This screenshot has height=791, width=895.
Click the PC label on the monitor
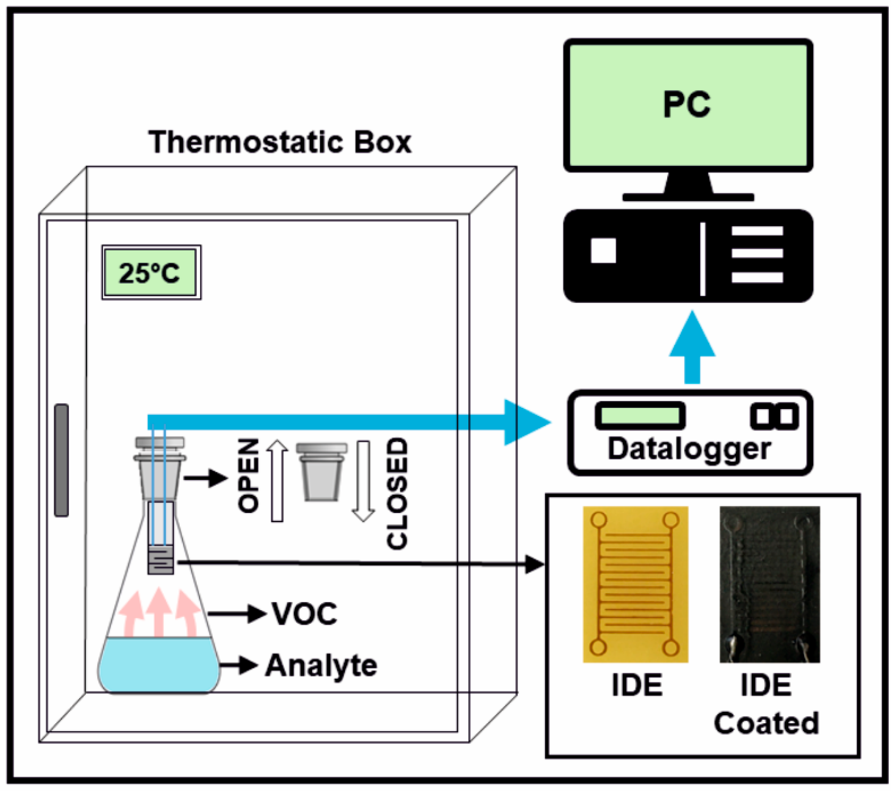(686, 105)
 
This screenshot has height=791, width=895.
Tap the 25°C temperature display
(152, 272)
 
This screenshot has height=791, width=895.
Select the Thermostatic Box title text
(280, 142)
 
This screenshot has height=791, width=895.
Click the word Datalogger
(689, 450)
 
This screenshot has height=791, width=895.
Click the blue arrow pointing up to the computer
(692, 347)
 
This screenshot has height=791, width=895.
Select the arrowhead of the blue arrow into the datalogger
(527, 423)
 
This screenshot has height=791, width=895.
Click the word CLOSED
(397, 493)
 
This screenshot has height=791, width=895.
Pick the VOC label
(305, 614)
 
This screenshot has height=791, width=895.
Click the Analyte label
(321, 666)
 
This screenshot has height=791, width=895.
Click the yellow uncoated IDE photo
(635, 585)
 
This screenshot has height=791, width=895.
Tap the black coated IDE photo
(770, 585)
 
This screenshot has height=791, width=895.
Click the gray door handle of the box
(61, 460)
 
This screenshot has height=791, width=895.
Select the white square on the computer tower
(604, 250)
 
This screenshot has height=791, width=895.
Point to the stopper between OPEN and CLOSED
(322, 472)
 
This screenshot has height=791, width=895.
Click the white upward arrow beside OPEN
(277, 481)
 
